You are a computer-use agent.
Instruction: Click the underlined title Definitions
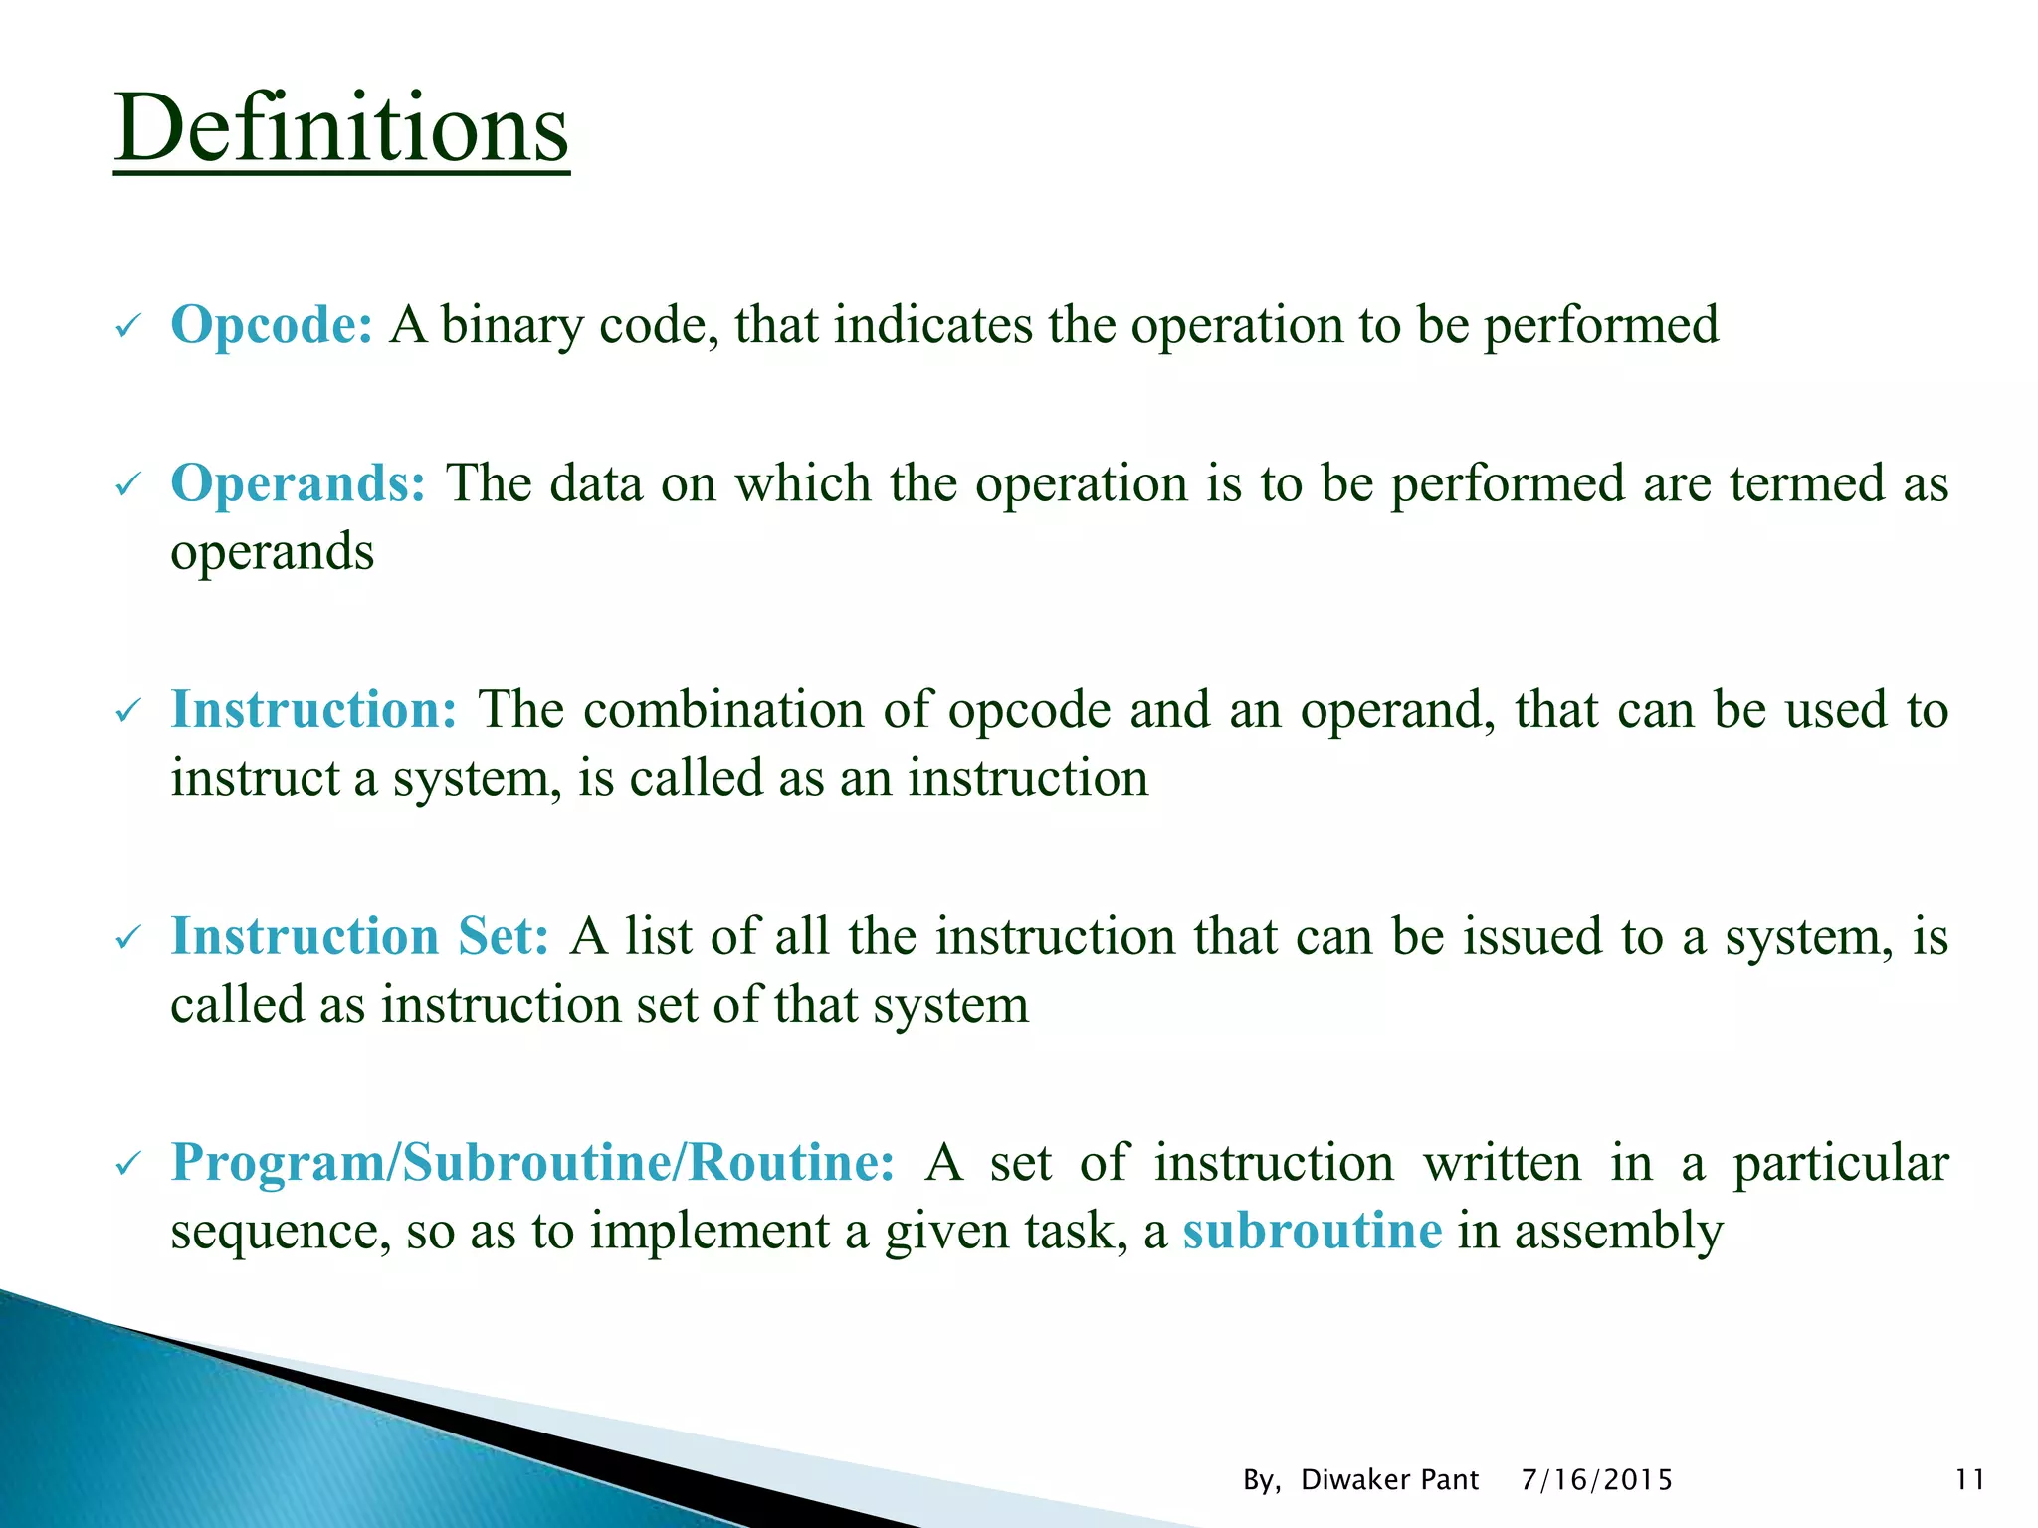[341, 129]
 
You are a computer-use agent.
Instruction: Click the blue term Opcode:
[272, 325]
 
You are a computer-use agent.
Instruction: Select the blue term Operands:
[298, 483]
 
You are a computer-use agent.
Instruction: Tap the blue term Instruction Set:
[359, 936]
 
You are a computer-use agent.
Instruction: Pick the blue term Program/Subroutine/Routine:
[532, 1162]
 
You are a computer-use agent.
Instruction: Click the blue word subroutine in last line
[1312, 1231]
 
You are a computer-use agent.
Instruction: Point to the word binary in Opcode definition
[511, 326]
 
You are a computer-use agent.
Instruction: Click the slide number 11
[1969, 1480]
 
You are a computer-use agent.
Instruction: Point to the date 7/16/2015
[1596, 1480]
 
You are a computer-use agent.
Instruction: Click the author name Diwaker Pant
[1389, 1480]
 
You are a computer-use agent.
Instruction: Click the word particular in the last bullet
[1840, 1164]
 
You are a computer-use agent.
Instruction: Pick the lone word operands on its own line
[272, 553]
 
